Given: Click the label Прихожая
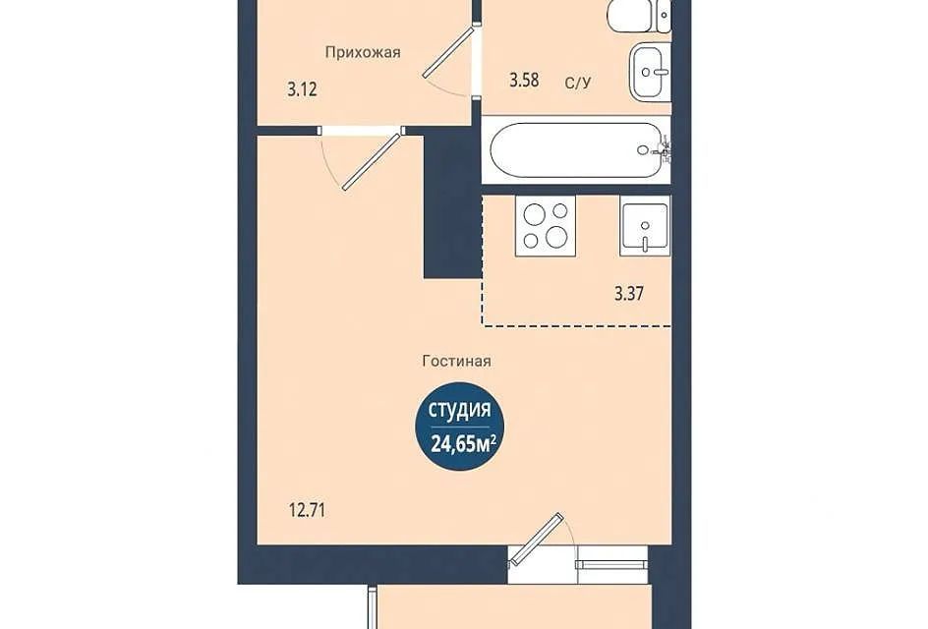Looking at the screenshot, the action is [363, 52].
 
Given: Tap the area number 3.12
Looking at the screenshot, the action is [303, 90].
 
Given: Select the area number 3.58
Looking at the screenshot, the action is [524, 80].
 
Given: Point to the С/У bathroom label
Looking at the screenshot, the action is [578, 83].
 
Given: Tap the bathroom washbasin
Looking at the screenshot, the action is [650, 72].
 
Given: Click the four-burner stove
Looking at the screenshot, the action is [545, 225].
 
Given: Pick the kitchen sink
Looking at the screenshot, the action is [645, 225].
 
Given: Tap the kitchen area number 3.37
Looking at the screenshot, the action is [628, 294].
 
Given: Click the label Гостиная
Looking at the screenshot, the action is [457, 361].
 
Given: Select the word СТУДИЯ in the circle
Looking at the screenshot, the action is [459, 410].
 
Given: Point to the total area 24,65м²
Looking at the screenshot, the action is [462, 443].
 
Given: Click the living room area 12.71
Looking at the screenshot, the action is [307, 510].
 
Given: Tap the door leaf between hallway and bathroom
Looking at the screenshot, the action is [448, 51].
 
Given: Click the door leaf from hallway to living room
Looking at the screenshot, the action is [372, 162].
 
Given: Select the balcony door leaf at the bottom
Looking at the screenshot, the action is [536, 539].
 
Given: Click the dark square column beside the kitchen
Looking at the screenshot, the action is [451, 206].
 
